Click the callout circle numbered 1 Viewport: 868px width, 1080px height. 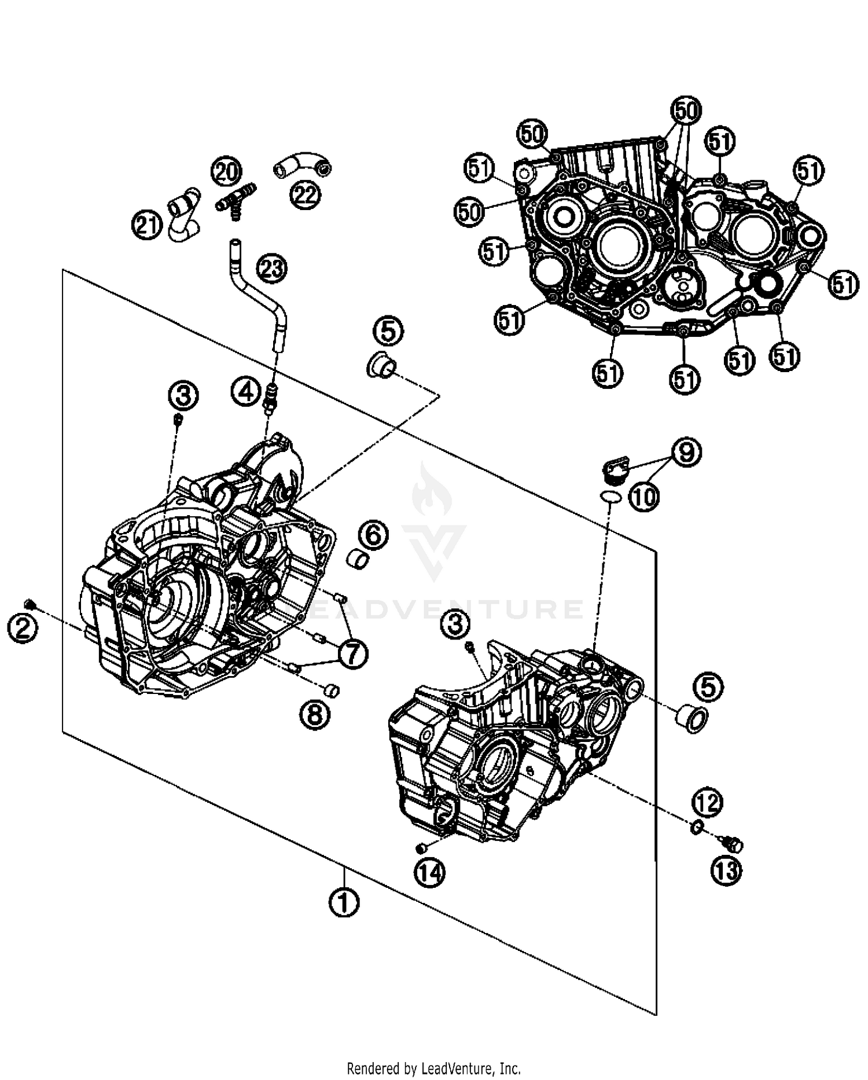pyautogui.click(x=344, y=901)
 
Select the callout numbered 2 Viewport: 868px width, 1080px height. pyautogui.click(x=23, y=627)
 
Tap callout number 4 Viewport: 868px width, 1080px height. pyautogui.click(x=247, y=392)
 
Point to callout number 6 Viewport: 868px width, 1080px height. pyautogui.click(x=373, y=535)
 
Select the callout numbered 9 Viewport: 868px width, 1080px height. pyautogui.click(x=686, y=452)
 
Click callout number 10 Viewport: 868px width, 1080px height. pyautogui.click(x=644, y=496)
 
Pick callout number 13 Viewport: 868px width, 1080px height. pyautogui.click(x=727, y=871)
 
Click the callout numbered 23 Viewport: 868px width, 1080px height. pyautogui.click(x=272, y=268)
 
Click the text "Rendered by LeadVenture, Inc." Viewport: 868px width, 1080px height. pyautogui.click(x=433, y=1067)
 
